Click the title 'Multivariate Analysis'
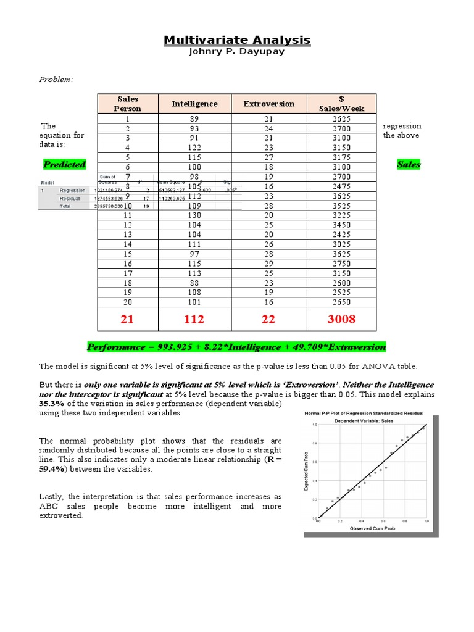point(237,41)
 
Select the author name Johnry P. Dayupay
point(237,52)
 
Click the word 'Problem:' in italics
point(56,80)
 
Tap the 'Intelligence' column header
point(194,104)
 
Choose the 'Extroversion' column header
point(268,104)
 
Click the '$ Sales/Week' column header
point(341,104)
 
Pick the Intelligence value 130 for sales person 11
point(194,215)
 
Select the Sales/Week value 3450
point(341,225)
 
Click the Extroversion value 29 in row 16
point(268,264)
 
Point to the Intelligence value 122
point(194,148)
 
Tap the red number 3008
point(341,319)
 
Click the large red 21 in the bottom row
point(127,319)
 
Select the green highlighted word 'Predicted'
point(64,165)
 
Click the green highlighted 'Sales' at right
point(409,165)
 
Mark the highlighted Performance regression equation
point(237,347)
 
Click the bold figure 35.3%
point(51,404)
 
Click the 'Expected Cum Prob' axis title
point(307,472)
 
